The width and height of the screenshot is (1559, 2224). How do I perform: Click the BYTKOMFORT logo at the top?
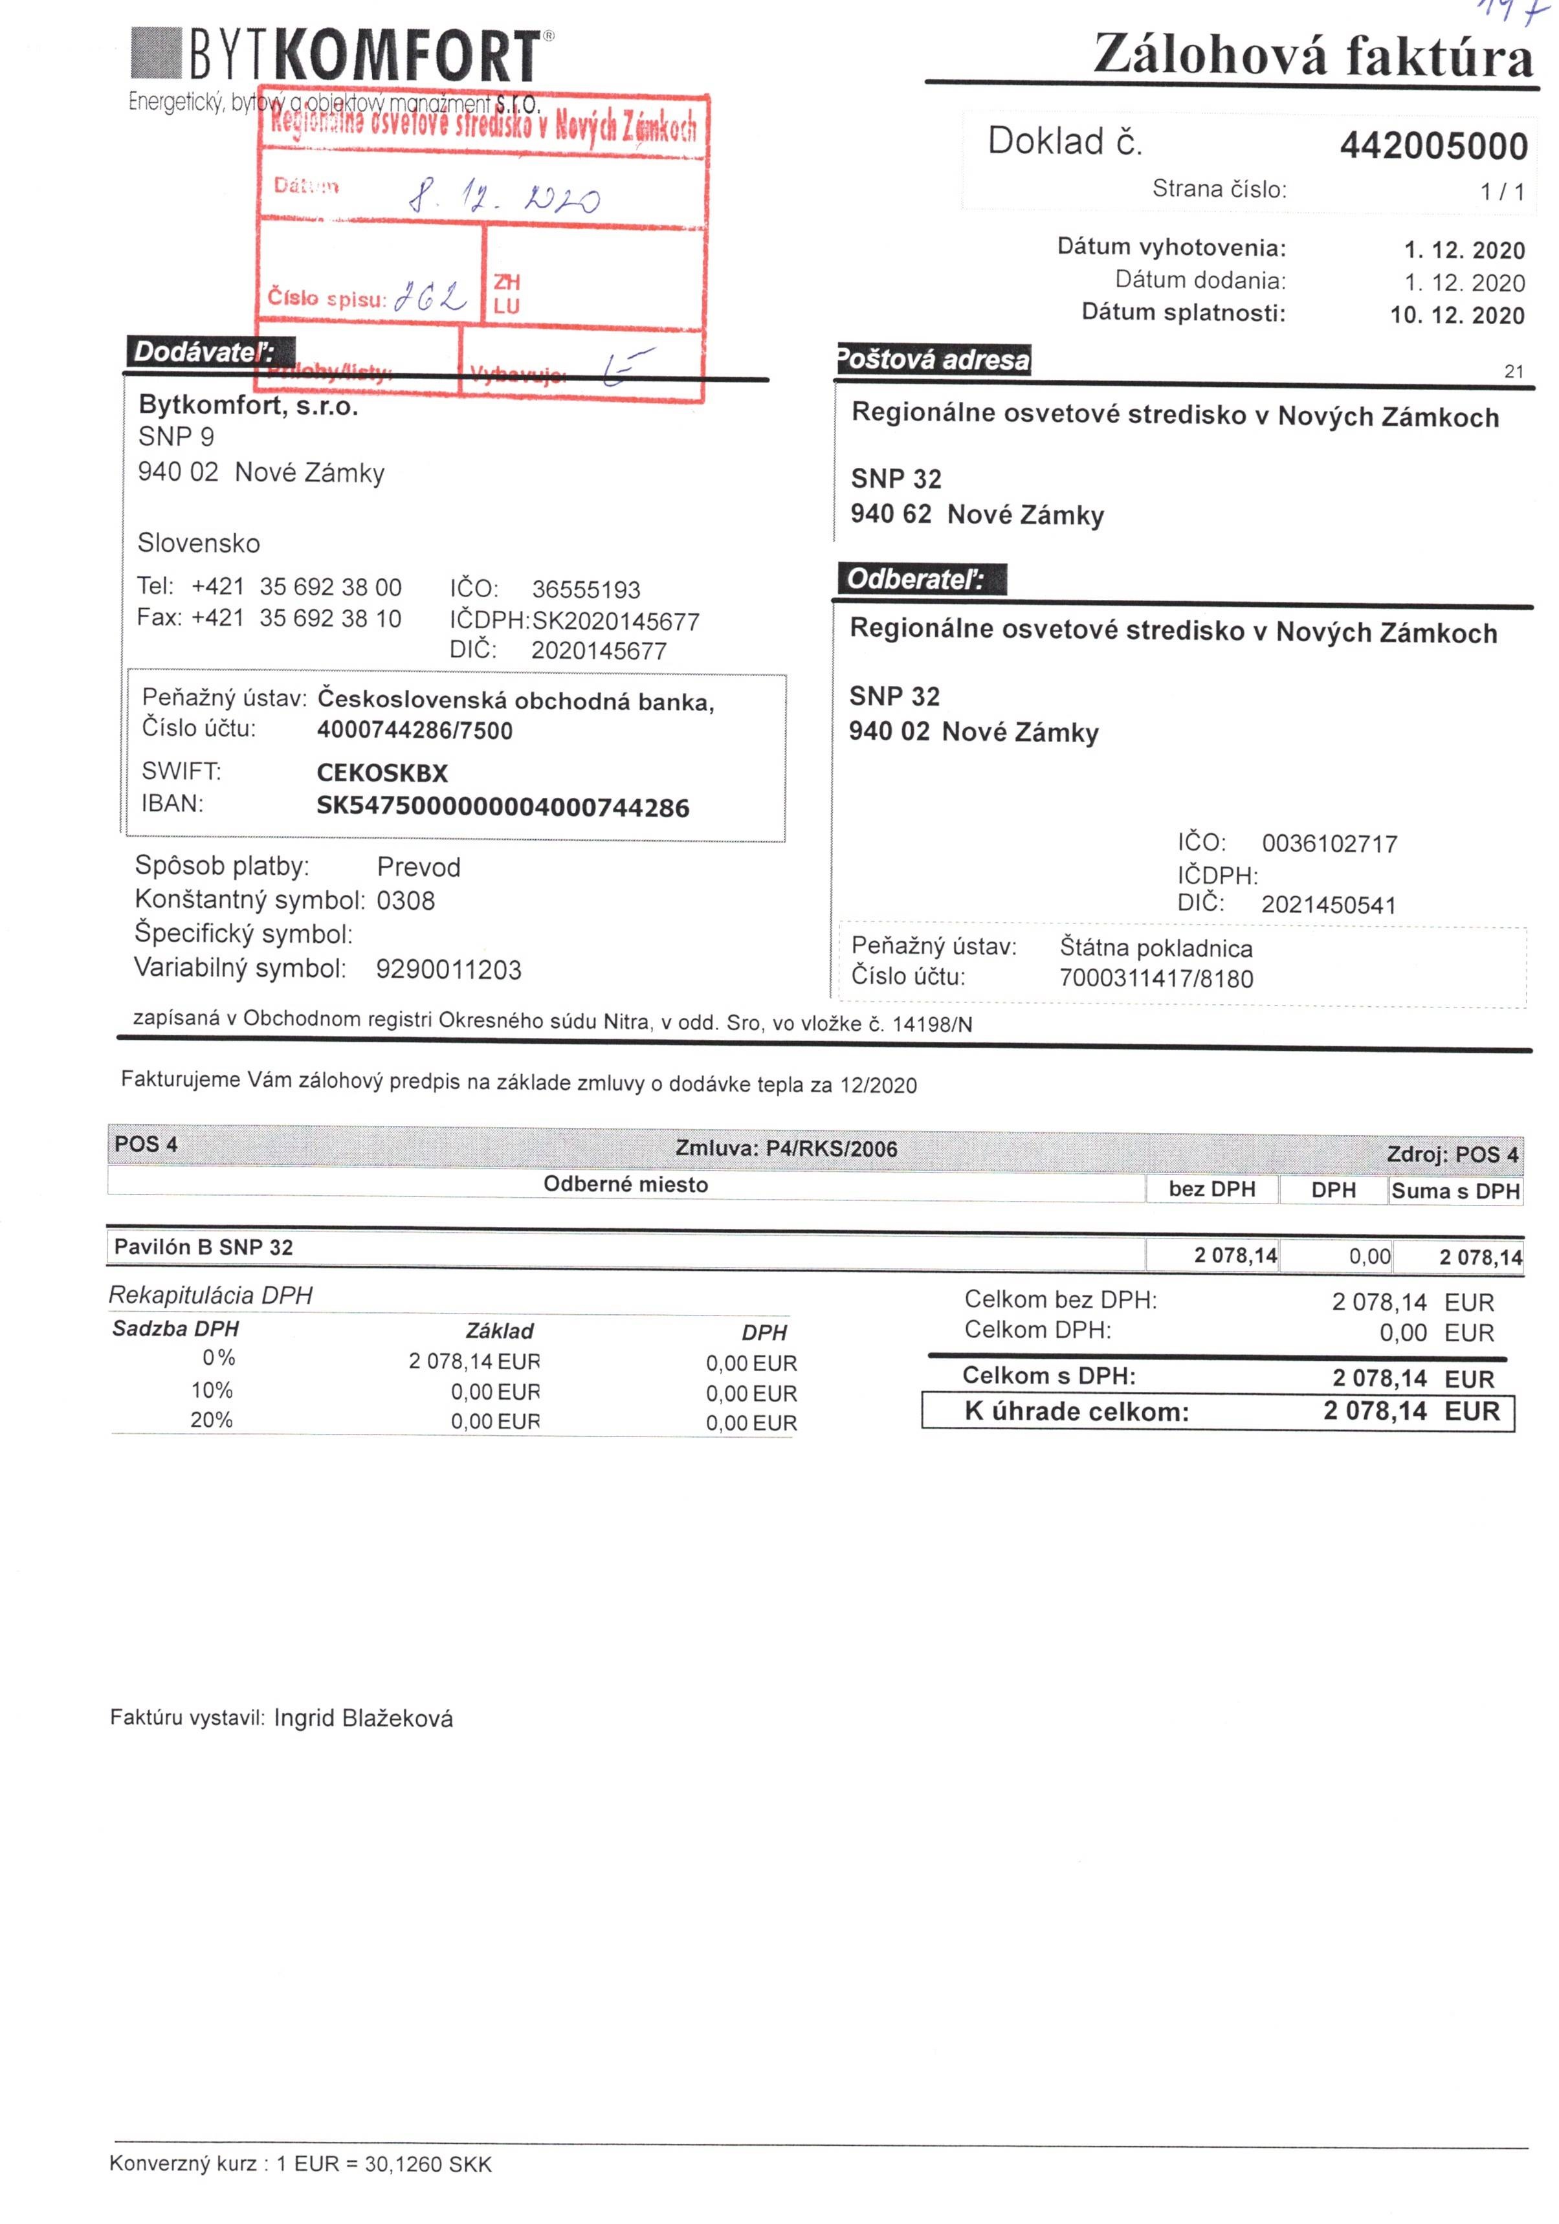point(341,56)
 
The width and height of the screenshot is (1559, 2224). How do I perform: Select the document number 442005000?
point(1432,146)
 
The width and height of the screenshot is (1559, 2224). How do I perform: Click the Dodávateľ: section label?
point(203,353)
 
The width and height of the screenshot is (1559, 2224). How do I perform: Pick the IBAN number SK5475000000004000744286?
point(502,807)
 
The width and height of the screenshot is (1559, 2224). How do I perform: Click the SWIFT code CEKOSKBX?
point(382,773)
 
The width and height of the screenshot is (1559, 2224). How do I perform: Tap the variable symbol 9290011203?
point(448,969)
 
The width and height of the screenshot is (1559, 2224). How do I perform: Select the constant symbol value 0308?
point(405,901)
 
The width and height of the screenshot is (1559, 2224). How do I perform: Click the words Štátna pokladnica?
point(1155,949)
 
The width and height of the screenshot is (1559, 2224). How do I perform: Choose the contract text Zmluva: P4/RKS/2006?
point(786,1149)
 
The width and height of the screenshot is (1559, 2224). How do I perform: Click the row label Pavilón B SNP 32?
point(203,1248)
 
